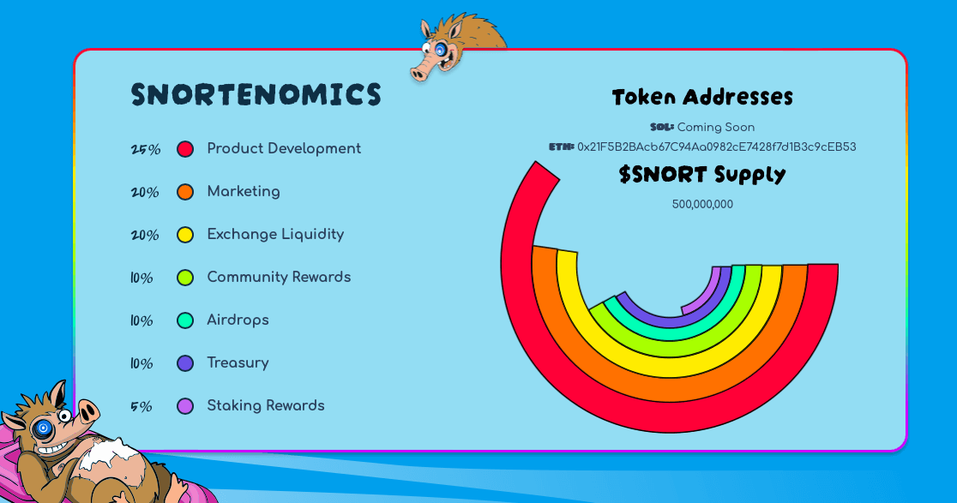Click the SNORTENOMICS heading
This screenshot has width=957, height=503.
click(x=256, y=95)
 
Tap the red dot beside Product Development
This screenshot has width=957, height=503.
click(x=185, y=149)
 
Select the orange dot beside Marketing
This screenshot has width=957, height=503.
click(x=185, y=192)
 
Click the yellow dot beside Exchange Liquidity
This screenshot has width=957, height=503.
click(x=185, y=235)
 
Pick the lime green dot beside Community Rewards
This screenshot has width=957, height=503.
click(x=185, y=278)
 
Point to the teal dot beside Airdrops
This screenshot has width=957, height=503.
click(x=185, y=320)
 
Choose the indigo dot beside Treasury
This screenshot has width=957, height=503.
click(x=185, y=363)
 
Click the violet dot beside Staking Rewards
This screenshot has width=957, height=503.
click(x=185, y=406)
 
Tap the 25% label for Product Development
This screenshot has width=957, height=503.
click(x=145, y=149)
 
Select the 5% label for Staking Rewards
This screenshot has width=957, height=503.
click(x=141, y=406)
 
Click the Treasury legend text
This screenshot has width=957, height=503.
click(x=238, y=363)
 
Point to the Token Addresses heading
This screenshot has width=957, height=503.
click(x=702, y=97)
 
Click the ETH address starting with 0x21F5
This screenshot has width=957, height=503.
click(x=716, y=147)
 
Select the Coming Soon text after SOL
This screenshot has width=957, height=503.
click(x=716, y=127)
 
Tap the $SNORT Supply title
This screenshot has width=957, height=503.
click(x=702, y=174)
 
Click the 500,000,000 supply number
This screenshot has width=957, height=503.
click(x=702, y=204)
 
